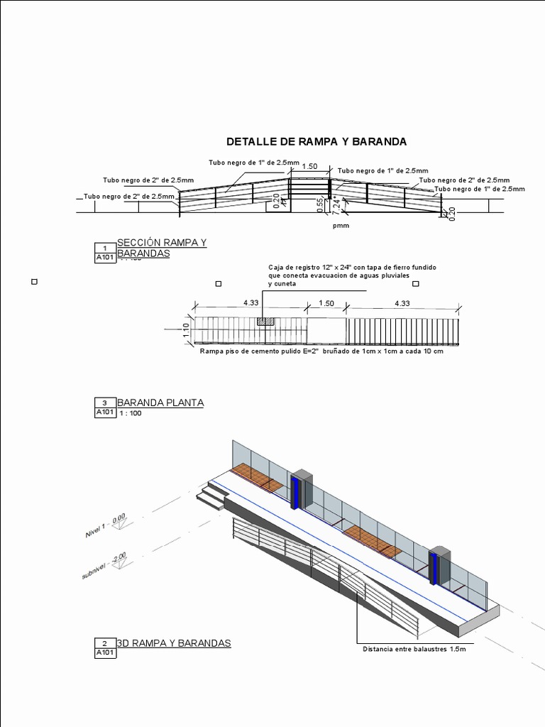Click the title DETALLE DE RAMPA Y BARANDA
point(316,141)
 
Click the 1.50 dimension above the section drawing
point(309,167)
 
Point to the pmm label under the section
point(341,226)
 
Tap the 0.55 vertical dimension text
point(321,204)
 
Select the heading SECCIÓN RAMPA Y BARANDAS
point(161,247)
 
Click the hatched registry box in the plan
point(265,322)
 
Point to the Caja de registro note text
point(352,275)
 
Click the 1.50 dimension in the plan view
point(326,303)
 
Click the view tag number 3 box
point(104,403)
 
